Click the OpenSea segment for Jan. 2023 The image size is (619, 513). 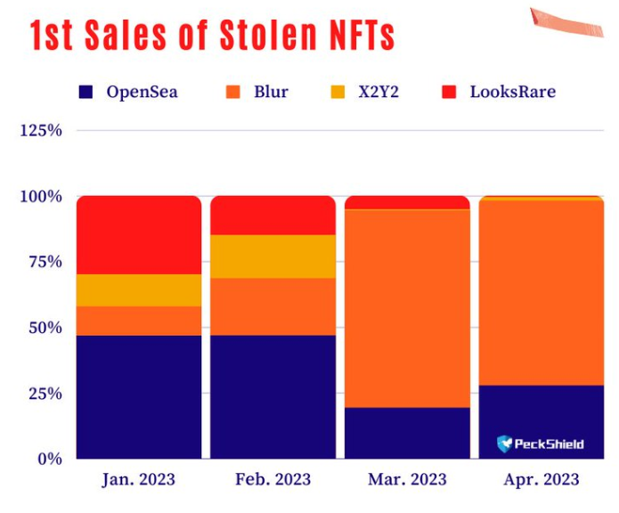pos(139,396)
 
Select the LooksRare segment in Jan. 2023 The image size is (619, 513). pos(139,235)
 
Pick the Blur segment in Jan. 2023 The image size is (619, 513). pos(139,321)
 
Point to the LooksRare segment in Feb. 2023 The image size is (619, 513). pos(273,216)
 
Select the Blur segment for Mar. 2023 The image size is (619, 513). pos(407,308)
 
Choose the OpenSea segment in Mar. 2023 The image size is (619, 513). pos(407,433)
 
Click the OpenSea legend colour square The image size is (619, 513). pos(86,91)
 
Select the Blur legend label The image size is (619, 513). pos(270,91)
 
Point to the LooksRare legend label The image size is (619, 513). pos(512,91)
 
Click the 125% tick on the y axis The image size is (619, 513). pos(41,131)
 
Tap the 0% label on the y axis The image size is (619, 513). pos(50,459)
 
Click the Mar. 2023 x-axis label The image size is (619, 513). pos(407,480)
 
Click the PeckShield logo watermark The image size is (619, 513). pos(540,443)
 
